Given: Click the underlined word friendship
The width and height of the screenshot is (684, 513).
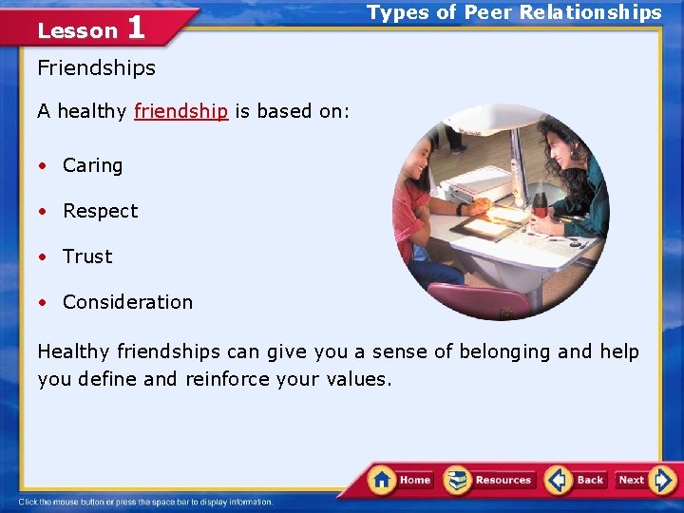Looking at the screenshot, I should (180, 111).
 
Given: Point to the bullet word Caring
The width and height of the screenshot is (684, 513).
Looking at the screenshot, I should (92, 165).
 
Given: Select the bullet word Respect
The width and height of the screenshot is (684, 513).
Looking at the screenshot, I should (100, 211).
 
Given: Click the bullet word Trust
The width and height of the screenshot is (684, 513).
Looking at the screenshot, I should (87, 256).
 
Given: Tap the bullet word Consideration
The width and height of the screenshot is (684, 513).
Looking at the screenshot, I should (127, 302).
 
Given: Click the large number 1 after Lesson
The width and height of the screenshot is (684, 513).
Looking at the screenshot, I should (135, 28).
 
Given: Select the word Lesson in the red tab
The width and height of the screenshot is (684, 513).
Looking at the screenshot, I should (77, 30).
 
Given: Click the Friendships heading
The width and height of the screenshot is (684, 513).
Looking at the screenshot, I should (96, 68).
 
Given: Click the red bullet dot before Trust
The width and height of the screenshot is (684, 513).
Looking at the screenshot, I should (43, 257).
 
